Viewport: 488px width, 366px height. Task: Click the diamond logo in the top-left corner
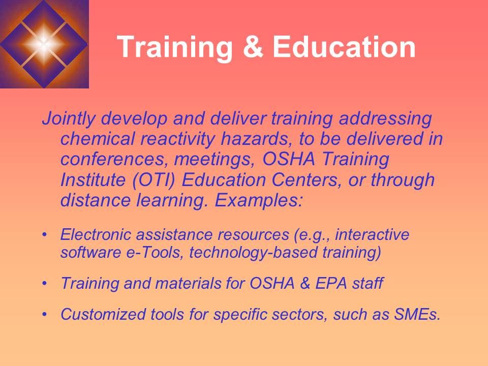[x=44, y=44]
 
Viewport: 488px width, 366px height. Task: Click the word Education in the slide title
[x=344, y=47]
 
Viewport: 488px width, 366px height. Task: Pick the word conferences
[x=113, y=160]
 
